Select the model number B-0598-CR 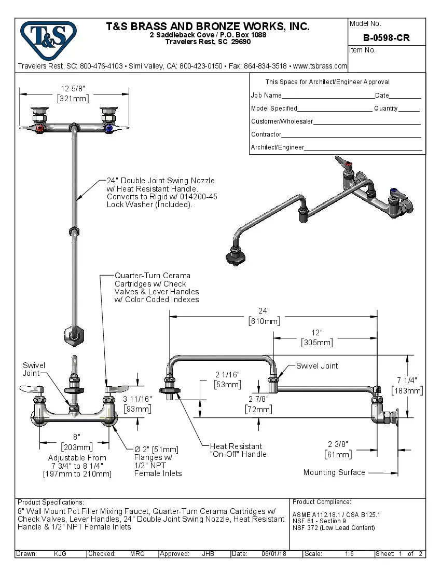pyautogui.click(x=386, y=38)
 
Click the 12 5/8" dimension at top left pyautogui.click(x=73, y=93)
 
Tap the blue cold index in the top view pyautogui.click(x=108, y=128)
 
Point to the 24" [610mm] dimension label pyautogui.click(x=264, y=316)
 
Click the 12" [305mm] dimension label pyautogui.click(x=317, y=337)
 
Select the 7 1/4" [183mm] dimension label pyautogui.click(x=407, y=385)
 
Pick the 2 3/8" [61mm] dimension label pyautogui.click(x=338, y=449)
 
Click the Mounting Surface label pyautogui.click(x=334, y=472)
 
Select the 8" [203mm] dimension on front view pyautogui.click(x=77, y=442)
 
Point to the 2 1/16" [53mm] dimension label pyautogui.click(x=227, y=379)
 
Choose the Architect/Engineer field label pyautogui.click(x=277, y=147)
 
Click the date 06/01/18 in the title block pyautogui.click(x=274, y=554)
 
